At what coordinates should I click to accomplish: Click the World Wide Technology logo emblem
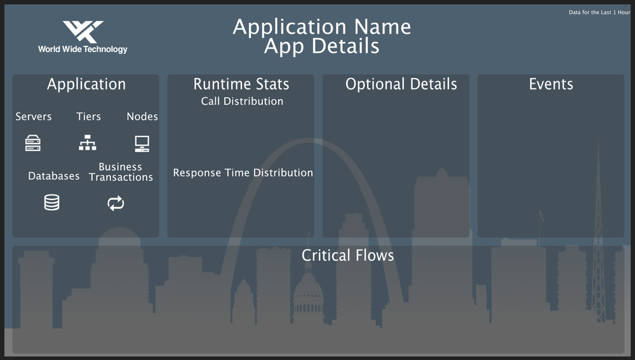(83, 32)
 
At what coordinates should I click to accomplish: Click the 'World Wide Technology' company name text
(83, 50)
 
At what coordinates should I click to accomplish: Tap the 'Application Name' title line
(321, 27)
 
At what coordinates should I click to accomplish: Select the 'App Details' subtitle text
(321, 46)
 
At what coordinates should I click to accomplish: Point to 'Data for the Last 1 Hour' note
(599, 12)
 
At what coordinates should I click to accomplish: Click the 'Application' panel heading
(86, 84)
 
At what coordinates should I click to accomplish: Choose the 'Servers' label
(34, 117)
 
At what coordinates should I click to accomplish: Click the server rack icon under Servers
(33, 143)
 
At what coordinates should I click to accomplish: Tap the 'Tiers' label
(88, 117)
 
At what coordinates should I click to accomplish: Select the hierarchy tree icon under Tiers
(88, 143)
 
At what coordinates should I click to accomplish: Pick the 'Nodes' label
(142, 117)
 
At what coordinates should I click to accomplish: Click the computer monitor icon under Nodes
(142, 143)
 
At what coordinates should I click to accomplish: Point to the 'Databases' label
(54, 177)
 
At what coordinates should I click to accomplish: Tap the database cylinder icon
(51, 203)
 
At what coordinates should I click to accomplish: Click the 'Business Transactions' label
(121, 172)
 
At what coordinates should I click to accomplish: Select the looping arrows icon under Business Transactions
(116, 203)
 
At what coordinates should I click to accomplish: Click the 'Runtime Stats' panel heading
(241, 84)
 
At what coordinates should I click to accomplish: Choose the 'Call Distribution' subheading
(242, 102)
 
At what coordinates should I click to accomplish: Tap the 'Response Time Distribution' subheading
(243, 173)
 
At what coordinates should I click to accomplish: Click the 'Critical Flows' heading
(347, 255)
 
